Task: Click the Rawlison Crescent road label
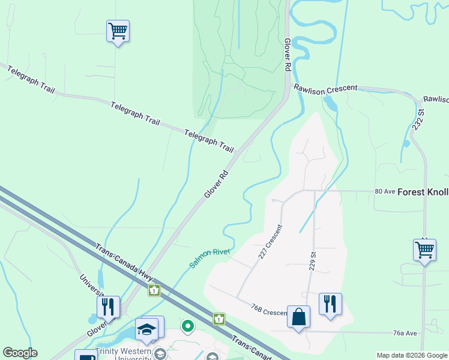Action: [325, 88]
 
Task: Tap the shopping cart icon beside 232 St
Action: [424, 250]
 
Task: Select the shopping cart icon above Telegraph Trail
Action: [118, 31]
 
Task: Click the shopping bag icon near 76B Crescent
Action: [298, 316]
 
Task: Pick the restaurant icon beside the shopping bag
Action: [330, 304]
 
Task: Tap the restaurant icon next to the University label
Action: [108, 307]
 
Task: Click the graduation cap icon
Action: [146, 328]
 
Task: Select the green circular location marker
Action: [188, 326]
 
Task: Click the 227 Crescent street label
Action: [270, 242]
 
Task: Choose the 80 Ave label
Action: [385, 191]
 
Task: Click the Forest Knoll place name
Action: [423, 192]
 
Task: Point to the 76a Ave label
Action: [405, 333]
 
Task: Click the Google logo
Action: [20, 353]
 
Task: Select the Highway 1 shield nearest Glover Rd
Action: [155, 290]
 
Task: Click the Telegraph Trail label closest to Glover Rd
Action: [209, 141]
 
